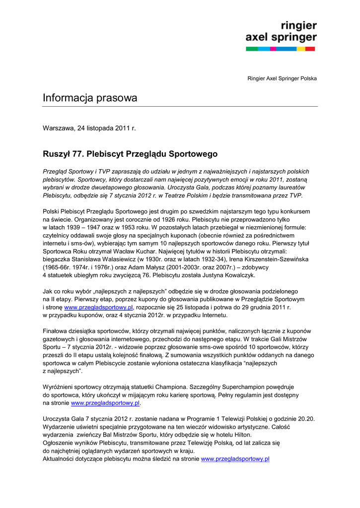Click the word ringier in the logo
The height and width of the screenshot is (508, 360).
coord(299,26)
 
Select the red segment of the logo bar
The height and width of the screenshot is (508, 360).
coord(310,49)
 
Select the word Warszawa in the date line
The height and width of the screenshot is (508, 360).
coord(58,128)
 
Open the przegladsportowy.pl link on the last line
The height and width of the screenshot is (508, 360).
coord(235,459)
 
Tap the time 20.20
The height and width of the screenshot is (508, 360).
coord(306,419)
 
